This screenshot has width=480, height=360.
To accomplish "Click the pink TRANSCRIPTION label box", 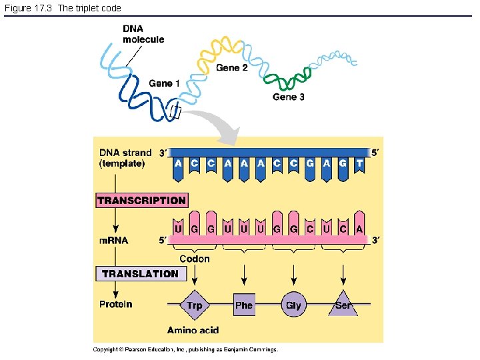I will (x=141, y=201).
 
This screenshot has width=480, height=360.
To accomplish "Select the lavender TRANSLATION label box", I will (x=140, y=274).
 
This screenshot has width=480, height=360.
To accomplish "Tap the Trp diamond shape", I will (x=194, y=305).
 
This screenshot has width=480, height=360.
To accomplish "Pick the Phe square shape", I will (x=244, y=305).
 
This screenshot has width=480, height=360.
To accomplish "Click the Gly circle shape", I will (x=293, y=305).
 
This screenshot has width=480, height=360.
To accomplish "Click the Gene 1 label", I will (x=164, y=83).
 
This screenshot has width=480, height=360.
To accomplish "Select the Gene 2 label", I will (x=232, y=68).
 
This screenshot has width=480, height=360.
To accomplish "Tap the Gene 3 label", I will (x=289, y=97).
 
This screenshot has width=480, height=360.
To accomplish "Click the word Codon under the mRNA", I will (x=194, y=259).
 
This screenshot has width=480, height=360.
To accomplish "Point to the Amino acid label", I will (x=192, y=330).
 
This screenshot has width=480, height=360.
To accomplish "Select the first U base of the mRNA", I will (x=178, y=229).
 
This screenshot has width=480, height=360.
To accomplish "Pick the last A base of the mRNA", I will (x=359, y=229).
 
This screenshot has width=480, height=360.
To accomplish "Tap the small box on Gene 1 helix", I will (x=175, y=112).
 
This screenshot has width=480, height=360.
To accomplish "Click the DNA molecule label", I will (x=143, y=34).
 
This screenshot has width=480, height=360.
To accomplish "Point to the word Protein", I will (x=116, y=305).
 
